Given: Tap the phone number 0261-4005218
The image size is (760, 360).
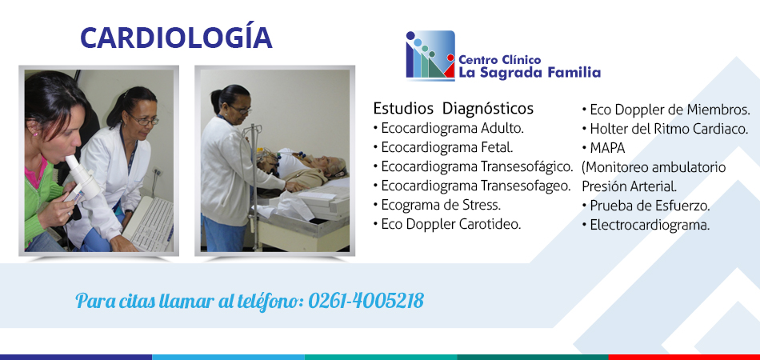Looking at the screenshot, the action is (366, 301).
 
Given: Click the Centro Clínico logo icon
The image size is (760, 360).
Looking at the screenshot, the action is (430, 54).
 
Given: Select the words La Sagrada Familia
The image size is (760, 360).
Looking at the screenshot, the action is (530, 73).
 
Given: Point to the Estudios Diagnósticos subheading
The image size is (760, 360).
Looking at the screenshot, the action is (453, 108).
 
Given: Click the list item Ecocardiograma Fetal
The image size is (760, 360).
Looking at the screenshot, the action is (443, 147).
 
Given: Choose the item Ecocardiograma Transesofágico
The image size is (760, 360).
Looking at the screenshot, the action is (474, 166).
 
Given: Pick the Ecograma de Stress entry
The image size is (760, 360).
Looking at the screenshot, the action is (437, 205).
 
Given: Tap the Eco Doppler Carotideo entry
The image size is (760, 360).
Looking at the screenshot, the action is (447, 224).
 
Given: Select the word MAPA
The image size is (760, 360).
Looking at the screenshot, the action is (607, 148).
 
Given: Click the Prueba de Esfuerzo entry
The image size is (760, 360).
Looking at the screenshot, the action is (646, 206).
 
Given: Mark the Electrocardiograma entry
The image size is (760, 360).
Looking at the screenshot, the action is (646, 226).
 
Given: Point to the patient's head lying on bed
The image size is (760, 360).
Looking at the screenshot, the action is (335, 166).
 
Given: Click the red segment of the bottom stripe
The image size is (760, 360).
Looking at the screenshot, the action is (684, 357).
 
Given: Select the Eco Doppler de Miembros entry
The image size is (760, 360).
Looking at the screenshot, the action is (666, 110).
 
